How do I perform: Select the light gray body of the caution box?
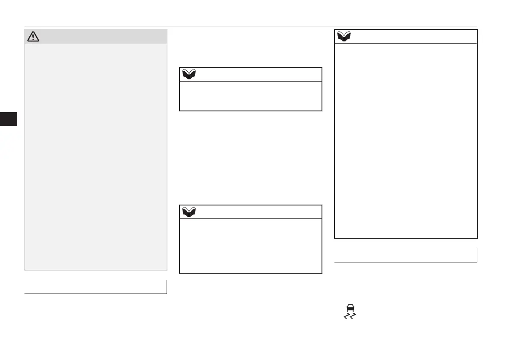click(x=95, y=155)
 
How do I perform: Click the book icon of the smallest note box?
click(x=189, y=74)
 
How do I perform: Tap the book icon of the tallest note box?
click(x=344, y=36)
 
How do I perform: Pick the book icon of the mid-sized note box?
click(x=189, y=212)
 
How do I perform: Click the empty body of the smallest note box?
click(x=250, y=96)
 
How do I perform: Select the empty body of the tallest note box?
click(x=406, y=140)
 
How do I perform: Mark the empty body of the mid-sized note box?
click(x=250, y=246)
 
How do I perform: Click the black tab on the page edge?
click(x=9, y=119)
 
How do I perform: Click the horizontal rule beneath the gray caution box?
click(x=95, y=294)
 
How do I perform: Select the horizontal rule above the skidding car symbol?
click(x=406, y=262)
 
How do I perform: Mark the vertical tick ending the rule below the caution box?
click(x=167, y=287)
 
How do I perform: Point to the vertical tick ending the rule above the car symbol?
click(x=477, y=255)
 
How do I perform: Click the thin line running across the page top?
click(x=250, y=26)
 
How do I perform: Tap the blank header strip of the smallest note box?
click(x=259, y=74)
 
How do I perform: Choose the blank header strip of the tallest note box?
click(x=414, y=36)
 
